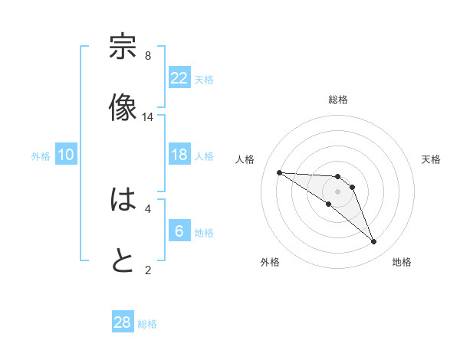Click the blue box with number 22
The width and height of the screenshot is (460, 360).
point(179,78)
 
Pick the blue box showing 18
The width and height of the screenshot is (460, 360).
point(179,155)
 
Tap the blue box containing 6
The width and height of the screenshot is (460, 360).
point(179,231)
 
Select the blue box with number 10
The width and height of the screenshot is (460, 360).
point(66,155)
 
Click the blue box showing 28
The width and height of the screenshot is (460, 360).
point(123,322)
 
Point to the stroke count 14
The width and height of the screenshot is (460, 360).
point(147,117)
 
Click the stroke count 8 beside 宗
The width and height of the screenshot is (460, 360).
point(147,56)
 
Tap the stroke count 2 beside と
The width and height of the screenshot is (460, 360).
point(147,270)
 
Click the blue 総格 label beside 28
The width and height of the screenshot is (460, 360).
point(147,324)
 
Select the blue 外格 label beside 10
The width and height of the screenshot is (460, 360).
point(41,156)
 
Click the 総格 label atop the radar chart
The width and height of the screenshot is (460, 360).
point(337,100)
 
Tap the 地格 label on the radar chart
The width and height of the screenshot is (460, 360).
point(402,262)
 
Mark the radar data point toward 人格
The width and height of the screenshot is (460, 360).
point(279,172)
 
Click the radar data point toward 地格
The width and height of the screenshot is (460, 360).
point(373,242)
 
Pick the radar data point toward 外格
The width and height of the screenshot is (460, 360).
point(328,204)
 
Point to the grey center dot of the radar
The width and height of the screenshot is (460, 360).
point(337,191)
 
